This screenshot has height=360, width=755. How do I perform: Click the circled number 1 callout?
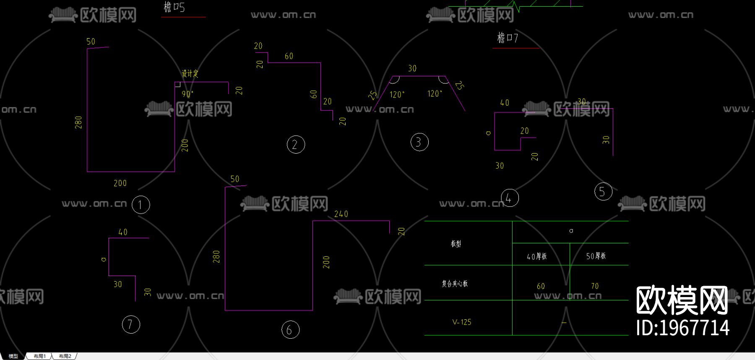pyautogui.click(x=141, y=205)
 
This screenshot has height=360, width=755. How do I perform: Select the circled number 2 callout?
pyautogui.click(x=296, y=145)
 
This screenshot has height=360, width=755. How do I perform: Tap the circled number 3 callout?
pyautogui.click(x=419, y=142)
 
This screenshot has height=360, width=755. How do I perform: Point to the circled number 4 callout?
pyautogui.click(x=510, y=198)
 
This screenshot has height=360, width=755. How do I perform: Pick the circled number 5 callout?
pyautogui.click(x=603, y=192)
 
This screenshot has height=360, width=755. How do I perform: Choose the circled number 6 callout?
pyautogui.click(x=290, y=330)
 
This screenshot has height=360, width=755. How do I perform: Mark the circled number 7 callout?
pyautogui.click(x=131, y=324)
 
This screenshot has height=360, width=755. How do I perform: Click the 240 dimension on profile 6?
pyautogui.click(x=341, y=214)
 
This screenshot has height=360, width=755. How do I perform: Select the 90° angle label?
pyautogui.click(x=187, y=94)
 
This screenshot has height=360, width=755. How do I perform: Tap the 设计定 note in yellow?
pyautogui.click(x=190, y=74)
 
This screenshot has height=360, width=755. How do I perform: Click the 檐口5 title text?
pyautogui.click(x=174, y=7)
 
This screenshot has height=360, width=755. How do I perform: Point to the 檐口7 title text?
pyautogui.click(x=508, y=38)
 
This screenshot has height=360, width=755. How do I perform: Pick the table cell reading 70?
pyautogui.click(x=595, y=286)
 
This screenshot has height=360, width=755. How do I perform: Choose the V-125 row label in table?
pyautogui.click(x=462, y=322)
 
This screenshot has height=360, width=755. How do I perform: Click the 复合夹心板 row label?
pyautogui.click(x=455, y=284)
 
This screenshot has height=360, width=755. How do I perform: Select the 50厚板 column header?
pyautogui.click(x=596, y=256)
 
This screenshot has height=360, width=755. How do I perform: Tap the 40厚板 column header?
pyautogui.click(x=537, y=256)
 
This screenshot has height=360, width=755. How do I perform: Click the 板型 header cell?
pyautogui.click(x=456, y=244)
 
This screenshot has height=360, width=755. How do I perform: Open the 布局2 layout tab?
pyautogui.click(x=65, y=356)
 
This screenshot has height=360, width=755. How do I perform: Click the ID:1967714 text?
pyautogui.click(x=682, y=328)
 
